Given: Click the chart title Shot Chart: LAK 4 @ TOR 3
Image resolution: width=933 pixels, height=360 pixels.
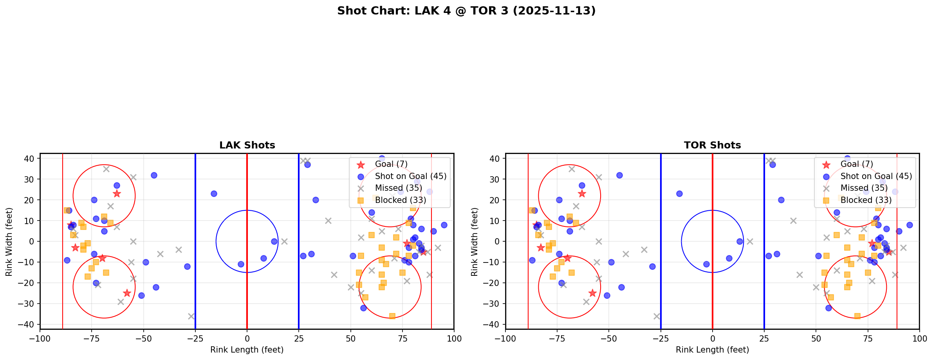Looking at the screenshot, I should pos(466,11).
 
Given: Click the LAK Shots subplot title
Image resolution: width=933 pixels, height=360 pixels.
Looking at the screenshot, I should pos(247,145).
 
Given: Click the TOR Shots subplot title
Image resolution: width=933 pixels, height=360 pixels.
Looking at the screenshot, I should pos(712,145).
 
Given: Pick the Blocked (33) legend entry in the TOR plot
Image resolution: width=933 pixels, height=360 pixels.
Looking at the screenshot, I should pos(866,200).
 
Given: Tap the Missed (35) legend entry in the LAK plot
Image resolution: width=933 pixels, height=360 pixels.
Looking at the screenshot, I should pos(398,188).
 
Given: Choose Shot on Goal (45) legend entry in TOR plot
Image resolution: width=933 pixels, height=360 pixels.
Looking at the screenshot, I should pos(876,176).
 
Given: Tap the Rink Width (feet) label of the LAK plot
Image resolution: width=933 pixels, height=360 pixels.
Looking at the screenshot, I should pos(9,242).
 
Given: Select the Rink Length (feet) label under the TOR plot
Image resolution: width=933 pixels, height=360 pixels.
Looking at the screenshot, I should pos(712,350).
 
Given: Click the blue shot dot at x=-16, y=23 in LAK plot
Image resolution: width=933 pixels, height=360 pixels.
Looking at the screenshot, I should pos(214,194).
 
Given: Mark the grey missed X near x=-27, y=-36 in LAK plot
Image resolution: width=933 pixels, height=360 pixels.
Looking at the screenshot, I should pos(191,316).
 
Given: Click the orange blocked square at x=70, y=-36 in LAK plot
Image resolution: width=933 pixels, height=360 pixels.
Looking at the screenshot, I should pos(392,316).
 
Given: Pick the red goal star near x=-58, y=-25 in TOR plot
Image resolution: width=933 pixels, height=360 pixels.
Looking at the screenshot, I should pos(592,293).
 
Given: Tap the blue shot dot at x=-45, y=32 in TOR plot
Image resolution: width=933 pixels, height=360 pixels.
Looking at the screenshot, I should pos(619,175).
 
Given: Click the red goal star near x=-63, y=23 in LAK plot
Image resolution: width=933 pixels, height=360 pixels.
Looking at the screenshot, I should pos(117,194).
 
